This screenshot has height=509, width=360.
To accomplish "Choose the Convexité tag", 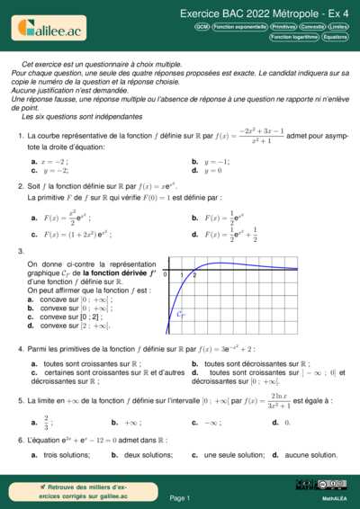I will [x=312, y=27].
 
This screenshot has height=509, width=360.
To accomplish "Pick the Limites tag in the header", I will [x=338, y=27].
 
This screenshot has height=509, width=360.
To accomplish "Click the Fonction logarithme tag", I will [x=293, y=37].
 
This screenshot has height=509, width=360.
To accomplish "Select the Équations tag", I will [x=335, y=37].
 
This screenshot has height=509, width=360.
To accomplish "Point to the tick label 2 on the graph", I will [x=194, y=274].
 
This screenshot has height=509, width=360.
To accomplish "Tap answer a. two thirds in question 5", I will [x=43, y=420].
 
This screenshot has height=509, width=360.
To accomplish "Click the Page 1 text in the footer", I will [x=179, y=497].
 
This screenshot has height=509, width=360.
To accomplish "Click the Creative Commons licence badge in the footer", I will [x=331, y=485].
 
